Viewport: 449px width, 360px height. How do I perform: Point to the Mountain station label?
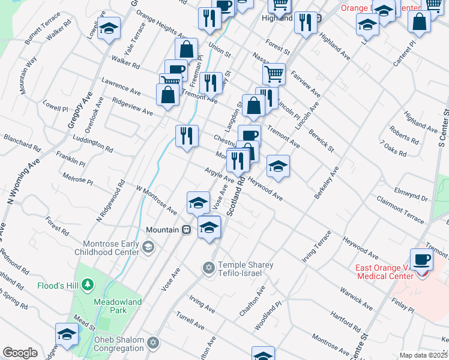click(162, 230)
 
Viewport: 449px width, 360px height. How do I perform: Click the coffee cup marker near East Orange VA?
click(422, 259)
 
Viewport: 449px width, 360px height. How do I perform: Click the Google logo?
click(20, 353)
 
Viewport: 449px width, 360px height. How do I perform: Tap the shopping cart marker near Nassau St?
click(274, 74)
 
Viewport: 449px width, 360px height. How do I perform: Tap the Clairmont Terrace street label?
click(400, 207)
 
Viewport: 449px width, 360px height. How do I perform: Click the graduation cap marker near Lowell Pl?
click(109, 28)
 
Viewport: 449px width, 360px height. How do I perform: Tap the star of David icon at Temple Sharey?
click(209, 266)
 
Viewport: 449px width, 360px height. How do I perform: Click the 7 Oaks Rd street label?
click(393, 148)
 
